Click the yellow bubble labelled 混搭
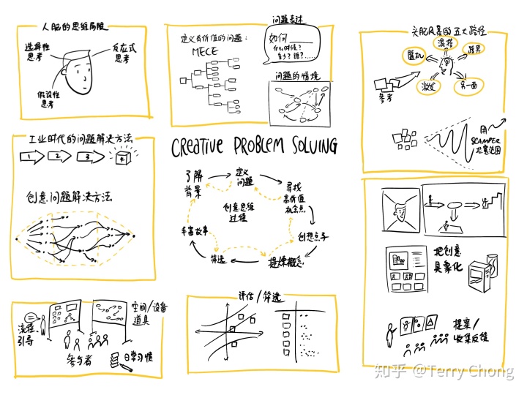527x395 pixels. (x=445, y=45)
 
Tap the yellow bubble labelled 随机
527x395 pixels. (x=411, y=56)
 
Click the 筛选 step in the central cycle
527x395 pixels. (x=217, y=258)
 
